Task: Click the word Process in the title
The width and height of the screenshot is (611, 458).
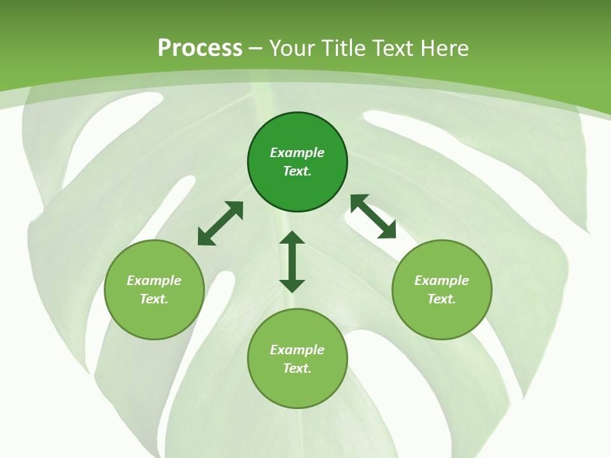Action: pos(200,48)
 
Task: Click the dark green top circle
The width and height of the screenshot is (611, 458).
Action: pos(297,162)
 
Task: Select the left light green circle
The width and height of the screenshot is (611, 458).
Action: pos(154,289)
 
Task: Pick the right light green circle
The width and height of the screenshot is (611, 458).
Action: pos(442,289)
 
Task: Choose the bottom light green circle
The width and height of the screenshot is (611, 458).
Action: pos(297,359)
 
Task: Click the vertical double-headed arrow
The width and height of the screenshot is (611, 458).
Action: pos(292,261)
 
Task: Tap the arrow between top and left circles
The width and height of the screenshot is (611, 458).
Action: pos(220,223)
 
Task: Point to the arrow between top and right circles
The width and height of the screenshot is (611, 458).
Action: pos(373,216)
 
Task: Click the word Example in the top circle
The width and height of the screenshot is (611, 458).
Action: pos(297,153)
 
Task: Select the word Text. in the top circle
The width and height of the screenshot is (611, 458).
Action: pos(297,171)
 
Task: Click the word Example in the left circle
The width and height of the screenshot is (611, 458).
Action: pos(154,281)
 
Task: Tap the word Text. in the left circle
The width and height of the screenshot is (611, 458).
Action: pos(154,299)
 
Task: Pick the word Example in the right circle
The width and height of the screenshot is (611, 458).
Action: pos(442,281)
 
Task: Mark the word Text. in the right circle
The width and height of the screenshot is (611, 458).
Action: pos(442,299)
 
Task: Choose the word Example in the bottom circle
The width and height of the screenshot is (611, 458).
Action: pos(297,350)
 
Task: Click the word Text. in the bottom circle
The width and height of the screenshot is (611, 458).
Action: pos(297,368)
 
